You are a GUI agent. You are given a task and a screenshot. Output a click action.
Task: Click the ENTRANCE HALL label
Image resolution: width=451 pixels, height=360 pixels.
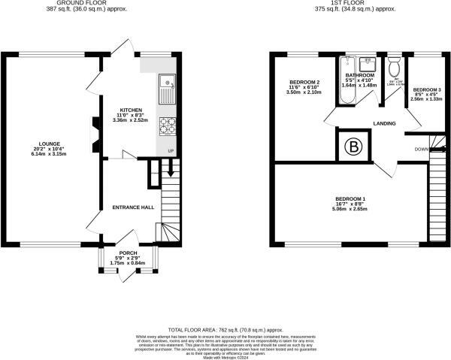tap(133, 207)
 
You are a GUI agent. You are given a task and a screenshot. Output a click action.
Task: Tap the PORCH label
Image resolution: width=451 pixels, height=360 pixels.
tap(127, 253)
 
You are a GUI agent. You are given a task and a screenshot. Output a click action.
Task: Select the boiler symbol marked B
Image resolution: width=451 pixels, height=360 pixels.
tap(353, 147)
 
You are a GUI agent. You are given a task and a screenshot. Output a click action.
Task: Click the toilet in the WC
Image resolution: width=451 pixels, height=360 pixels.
tap(394, 63)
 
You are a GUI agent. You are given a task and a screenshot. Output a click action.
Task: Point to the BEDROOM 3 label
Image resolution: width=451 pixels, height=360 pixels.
tap(426, 89)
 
